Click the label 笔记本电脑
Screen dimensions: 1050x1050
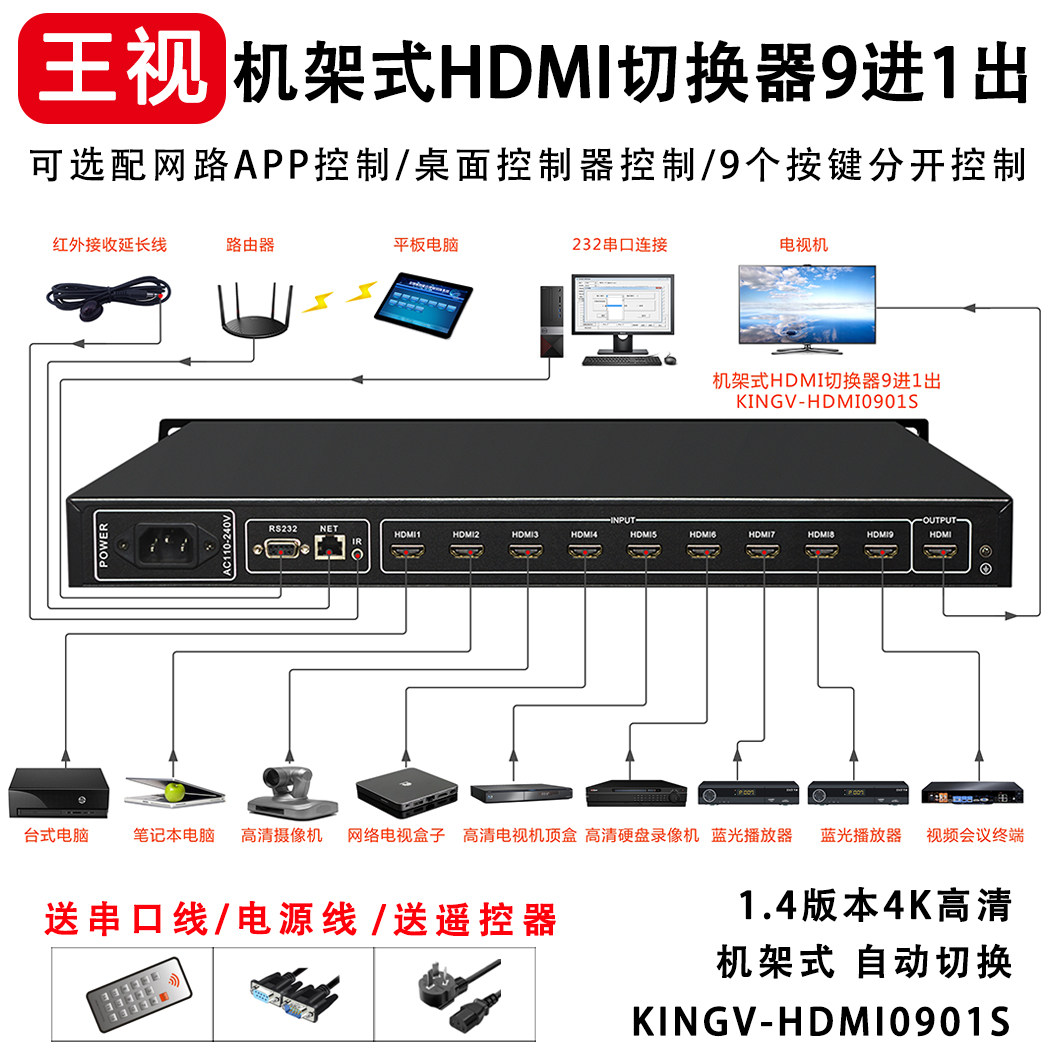coord(174,835)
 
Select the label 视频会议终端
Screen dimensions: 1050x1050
coord(974,835)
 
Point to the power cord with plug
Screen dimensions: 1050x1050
coord(456,986)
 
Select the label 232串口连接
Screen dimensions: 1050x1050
coord(619,244)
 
